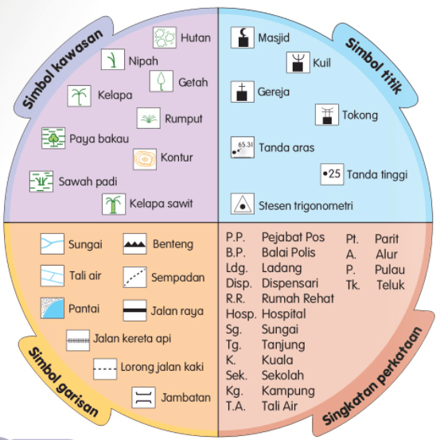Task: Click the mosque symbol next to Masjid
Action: [243, 37]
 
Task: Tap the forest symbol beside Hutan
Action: [165, 37]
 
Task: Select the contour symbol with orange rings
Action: [145, 159]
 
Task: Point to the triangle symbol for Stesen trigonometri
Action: [243, 204]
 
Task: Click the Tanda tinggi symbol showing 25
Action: [333, 174]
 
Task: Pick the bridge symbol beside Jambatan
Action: [144, 397]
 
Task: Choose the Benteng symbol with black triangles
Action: [135, 243]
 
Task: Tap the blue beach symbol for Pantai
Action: [53, 308]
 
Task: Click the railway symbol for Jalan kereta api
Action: [78, 341]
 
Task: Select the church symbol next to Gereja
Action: [243, 92]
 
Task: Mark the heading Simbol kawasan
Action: [62, 69]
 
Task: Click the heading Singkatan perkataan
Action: [372, 376]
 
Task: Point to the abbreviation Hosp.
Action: [241, 314]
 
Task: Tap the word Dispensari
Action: [290, 284]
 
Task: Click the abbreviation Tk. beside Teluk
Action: [352, 285]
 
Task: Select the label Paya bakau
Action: [99, 139]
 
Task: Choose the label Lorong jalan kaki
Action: [162, 367]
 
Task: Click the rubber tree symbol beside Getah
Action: [162, 81]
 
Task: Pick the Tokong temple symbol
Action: [327, 115]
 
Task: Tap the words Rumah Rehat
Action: [298, 298]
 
